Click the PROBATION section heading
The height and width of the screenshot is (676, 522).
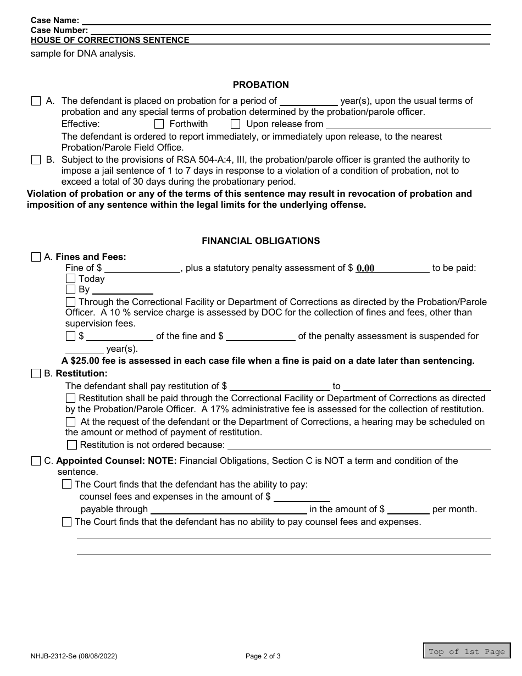pyautogui.click(x=260, y=85)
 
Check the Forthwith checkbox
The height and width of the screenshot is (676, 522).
pyautogui.click(x=159, y=124)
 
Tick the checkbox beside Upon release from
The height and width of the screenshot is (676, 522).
pyautogui.click(x=236, y=124)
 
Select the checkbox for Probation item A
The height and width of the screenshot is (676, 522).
pyautogui.click(x=36, y=101)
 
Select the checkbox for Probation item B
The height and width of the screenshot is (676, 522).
pyautogui.click(x=36, y=160)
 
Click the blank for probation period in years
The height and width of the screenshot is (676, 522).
pyautogui.click(x=308, y=101)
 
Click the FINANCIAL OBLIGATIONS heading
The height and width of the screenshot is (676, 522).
pyautogui.click(x=260, y=241)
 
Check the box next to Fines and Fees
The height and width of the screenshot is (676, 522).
pyautogui.click(x=36, y=257)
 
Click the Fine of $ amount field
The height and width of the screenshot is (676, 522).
pyautogui.click(x=142, y=268)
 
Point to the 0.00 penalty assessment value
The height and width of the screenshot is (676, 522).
pyautogui.click(x=365, y=269)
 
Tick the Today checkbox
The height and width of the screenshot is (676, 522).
pyautogui.click(x=70, y=279)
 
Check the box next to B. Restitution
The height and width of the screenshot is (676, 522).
pyautogui.click(x=36, y=374)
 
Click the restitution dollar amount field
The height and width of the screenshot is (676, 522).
pyautogui.click(x=279, y=386)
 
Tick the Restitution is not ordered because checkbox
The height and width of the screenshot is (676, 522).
pyautogui.click(x=71, y=445)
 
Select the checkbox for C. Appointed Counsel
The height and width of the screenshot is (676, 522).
pyautogui.click(x=36, y=461)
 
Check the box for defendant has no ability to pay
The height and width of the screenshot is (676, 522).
pyautogui.click(x=67, y=522)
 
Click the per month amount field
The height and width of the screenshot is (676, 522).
pyautogui.click(x=408, y=509)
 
